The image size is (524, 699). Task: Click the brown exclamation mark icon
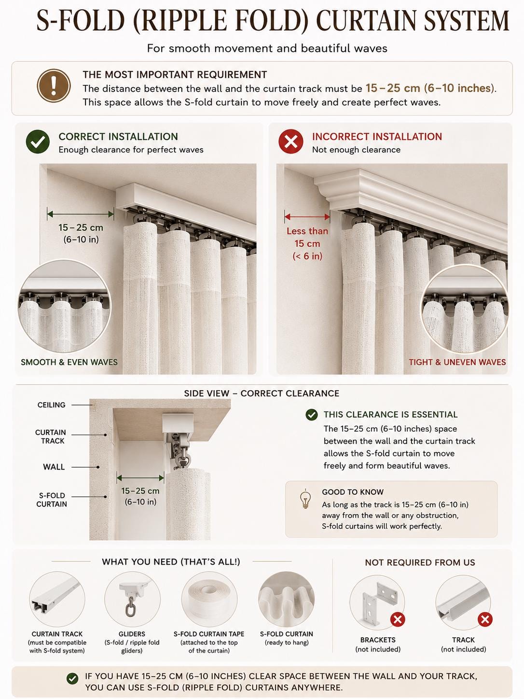54,85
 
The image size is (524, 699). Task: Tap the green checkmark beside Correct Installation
38,142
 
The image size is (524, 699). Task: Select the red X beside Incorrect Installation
291,142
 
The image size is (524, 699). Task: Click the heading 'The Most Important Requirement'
175,74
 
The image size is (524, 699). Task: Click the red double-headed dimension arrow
307,217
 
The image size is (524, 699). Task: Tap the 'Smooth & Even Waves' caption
69,362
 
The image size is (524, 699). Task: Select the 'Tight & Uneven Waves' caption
457,362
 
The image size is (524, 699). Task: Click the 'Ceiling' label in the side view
51,405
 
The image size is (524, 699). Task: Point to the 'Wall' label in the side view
54,467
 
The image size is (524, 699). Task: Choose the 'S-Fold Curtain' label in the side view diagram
52,500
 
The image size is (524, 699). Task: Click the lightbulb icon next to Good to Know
305,499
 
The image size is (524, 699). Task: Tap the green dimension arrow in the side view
140,478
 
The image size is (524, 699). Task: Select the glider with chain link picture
132,599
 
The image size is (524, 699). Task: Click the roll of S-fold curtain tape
209,599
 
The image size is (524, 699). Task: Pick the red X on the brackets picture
398,619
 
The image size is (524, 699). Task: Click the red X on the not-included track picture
485,619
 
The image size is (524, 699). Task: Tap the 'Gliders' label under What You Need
132,634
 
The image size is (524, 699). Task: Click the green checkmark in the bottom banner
72,679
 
